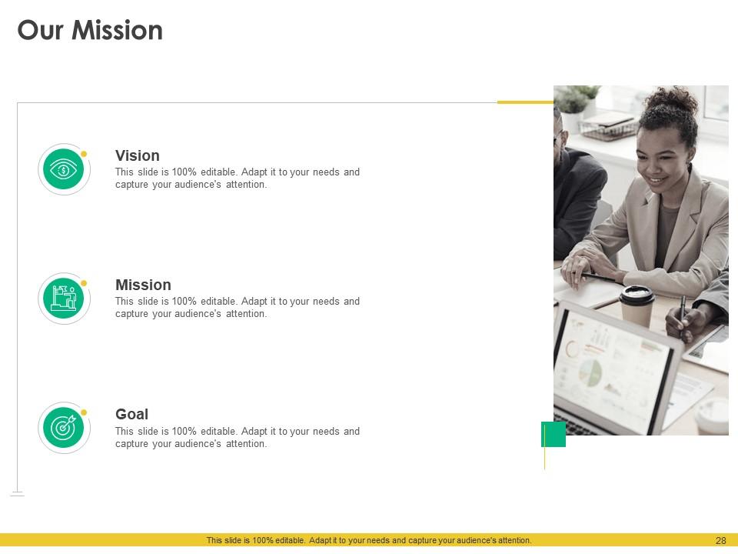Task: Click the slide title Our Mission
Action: click(90, 31)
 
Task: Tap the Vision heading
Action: click(138, 155)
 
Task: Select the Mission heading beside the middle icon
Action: click(143, 285)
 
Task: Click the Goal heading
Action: click(131, 414)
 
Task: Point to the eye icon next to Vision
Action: click(64, 169)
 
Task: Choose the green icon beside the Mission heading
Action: click(64, 299)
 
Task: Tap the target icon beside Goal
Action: click(64, 428)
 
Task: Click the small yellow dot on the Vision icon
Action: click(84, 154)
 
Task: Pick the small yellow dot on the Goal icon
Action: click(84, 412)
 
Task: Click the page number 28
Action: click(720, 541)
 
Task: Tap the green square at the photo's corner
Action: click(553, 434)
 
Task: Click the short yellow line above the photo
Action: click(525, 102)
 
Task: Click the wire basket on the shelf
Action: click(608, 128)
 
